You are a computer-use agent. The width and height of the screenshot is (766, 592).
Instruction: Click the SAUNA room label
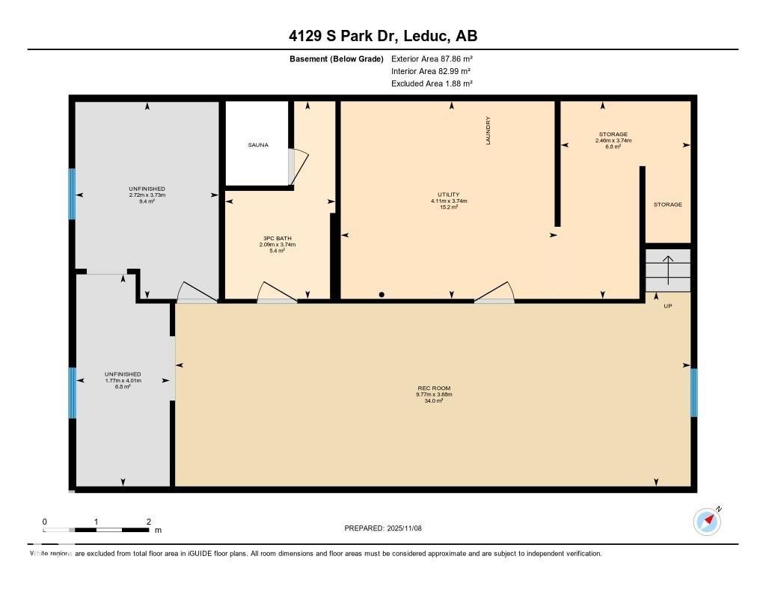pyautogui.click(x=258, y=144)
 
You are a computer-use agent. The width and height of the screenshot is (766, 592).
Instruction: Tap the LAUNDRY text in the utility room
pyautogui.click(x=488, y=130)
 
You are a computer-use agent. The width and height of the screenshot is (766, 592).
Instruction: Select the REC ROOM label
pyautogui.click(x=434, y=388)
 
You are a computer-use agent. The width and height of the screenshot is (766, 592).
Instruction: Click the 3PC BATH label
pyautogui.click(x=277, y=239)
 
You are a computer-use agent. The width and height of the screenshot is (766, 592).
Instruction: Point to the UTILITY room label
pyautogui.click(x=449, y=195)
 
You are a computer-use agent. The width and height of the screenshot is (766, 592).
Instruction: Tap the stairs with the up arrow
pyautogui.click(x=668, y=270)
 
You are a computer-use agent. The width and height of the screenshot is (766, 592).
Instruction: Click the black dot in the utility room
pyautogui.click(x=382, y=294)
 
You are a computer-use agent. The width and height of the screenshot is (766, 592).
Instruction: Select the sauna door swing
pyautogui.click(x=298, y=167)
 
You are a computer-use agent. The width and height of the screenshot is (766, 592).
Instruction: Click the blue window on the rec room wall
pyautogui.click(x=693, y=393)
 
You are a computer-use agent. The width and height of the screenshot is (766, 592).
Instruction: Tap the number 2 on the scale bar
pyautogui.click(x=149, y=522)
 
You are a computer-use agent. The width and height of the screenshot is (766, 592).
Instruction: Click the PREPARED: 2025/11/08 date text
pyautogui.click(x=383, y=528)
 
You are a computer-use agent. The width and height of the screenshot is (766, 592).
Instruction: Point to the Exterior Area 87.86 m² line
pyautogui.click(x=432, y=58)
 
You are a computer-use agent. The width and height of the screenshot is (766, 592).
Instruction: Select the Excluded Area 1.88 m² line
pyautogui.click(x=432, y=84)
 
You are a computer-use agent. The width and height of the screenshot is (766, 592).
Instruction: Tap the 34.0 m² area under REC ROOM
pyautogui.click(x=434, y=401)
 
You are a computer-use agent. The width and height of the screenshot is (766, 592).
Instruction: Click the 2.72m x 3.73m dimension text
pyautogui.click(x=147, y=195)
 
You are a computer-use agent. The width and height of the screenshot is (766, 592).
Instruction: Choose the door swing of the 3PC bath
pyautogui.click(x=277, y=293)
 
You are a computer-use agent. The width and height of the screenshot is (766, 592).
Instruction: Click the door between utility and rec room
pyautogui.click(x=494, y=293)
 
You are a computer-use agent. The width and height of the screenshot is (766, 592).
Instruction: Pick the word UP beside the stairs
pyautogui.click(x=668, y=306)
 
